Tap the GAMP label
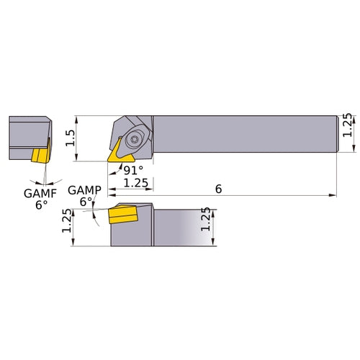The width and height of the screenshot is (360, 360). pyautogui.click(x=84, y=190)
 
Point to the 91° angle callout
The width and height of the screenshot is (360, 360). pyautogui.click(x=135, y=171)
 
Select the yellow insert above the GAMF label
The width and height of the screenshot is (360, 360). pyautogui.click(x=40, y=154)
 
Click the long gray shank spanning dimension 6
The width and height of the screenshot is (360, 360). pyautogui.click(x=245, y=133)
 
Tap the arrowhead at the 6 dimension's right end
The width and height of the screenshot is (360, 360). pyautogui.click(x=334, y=194)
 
